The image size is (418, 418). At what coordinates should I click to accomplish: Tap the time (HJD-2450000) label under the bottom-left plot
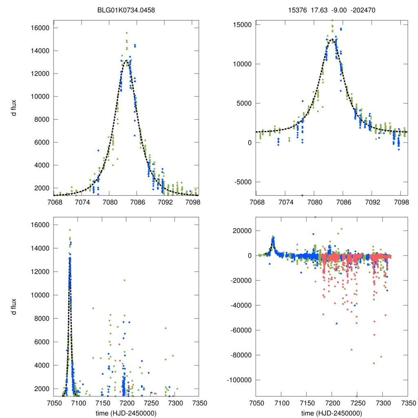tap(126, 413)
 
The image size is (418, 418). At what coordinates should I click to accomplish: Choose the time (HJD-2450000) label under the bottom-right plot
tap(331, 413)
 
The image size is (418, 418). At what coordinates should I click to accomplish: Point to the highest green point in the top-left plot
tap(127, 33)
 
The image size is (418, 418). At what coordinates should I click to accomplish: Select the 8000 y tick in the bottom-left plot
tap(41, 318)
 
